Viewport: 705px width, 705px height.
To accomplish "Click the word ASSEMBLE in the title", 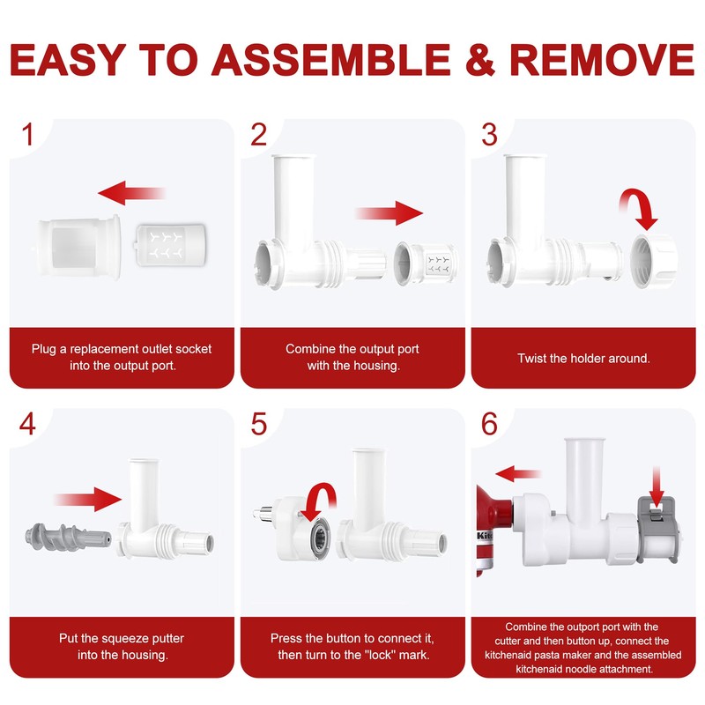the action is [x=330, y=59].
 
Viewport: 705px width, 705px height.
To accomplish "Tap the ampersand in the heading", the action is [x=480, y=59].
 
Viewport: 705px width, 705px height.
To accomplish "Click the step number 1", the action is [x=28, y=135].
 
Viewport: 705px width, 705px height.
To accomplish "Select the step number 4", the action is [x=27, y=424].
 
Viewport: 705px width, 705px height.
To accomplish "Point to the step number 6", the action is [x=489, y=424].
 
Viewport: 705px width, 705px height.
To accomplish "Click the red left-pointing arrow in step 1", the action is [x=131, y=193].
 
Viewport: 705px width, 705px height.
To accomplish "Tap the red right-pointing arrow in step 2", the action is [x=390, y=213].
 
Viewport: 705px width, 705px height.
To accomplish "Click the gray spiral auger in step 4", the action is [x=68, y=537].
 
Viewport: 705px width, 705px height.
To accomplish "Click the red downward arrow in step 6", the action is [x=657, y=489].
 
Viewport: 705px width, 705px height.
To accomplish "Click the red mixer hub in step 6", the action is [x=494, y=526].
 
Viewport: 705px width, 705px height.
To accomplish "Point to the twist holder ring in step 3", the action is [x=653, y=261].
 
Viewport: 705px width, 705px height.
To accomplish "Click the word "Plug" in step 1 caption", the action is [x=43, y=349].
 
